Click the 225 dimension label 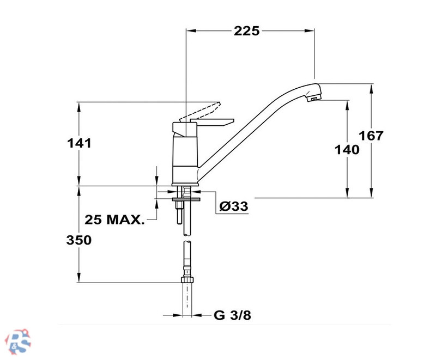(246, 31)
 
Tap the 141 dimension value (79, 143)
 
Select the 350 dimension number (79, 240)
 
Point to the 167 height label (371, 136)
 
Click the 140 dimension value (347, 150)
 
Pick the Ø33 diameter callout (234, 206)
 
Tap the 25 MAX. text (114, 219)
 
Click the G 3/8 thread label (233, 315)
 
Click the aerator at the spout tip (314, 98)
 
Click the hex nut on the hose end (187, 279)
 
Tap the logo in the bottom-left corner (19, 341)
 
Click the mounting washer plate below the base (186, 199)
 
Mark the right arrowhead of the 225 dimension (310, 30)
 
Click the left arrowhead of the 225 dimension (191, 30)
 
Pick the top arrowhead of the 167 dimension (372, 88)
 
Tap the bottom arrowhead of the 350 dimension (79, 278)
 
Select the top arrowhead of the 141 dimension (79, 107)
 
